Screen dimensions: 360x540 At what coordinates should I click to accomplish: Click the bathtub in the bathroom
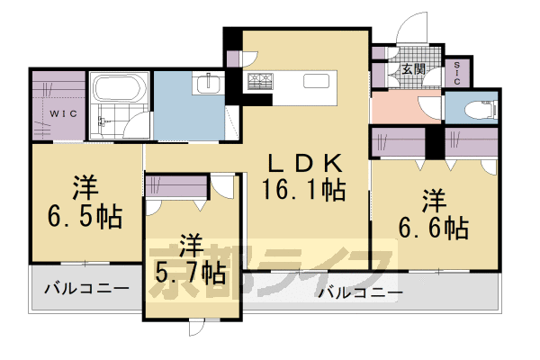(x=116, y=91)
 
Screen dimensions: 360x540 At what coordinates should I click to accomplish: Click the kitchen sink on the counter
(x=316, y=82)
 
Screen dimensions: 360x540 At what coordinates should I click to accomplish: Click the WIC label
(x=62, y=114)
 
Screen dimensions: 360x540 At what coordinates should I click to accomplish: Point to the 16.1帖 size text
(x=304, y=190)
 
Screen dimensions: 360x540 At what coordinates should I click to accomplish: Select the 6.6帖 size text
(x=435, y=226)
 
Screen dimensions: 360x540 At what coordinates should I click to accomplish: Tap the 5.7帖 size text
(x=190, y=270)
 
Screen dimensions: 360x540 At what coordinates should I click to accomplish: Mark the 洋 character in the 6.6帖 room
(x=435, y=198)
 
